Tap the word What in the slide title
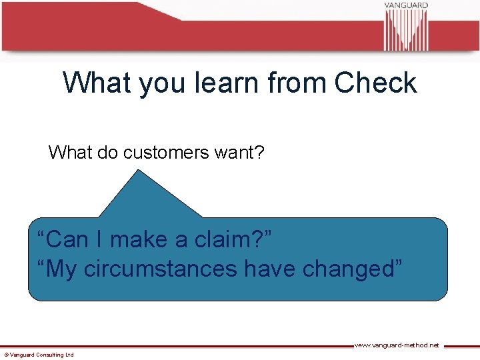click(x=97, y=83)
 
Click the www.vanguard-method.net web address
click(x=396, y=345)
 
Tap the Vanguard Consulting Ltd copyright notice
click(x=39, y=355)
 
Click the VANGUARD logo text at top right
click(x=405, y=6)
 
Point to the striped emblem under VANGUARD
click(x=406, y=31)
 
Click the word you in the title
click(x=155, y=83)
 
